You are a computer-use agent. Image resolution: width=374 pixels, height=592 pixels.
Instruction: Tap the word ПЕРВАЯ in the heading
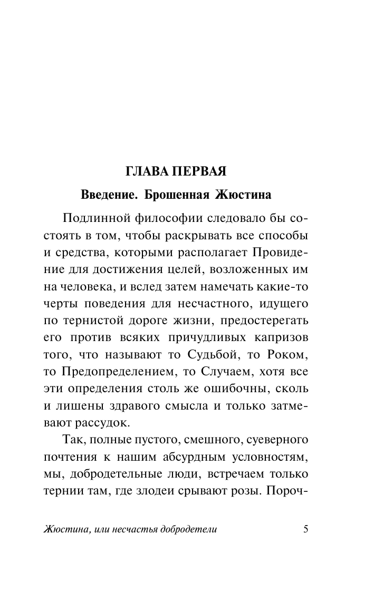coord(196,172)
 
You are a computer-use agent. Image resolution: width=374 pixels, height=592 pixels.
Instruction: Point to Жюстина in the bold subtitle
coord(243,195)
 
